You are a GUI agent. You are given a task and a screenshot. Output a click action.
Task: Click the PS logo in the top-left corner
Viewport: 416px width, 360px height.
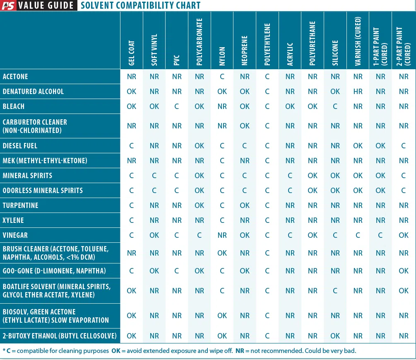point(9,5)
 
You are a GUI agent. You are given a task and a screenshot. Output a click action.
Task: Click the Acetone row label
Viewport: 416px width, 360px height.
point(15,77)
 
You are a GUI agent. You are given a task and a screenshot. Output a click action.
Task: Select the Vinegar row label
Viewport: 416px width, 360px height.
point(15,235)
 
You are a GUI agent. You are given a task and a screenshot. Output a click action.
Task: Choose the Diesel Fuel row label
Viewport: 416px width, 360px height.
point(20,146)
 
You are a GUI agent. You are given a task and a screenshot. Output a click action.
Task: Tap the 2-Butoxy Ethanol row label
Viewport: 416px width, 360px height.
point(60,336)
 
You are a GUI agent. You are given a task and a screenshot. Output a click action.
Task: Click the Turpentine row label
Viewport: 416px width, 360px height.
point(20,205)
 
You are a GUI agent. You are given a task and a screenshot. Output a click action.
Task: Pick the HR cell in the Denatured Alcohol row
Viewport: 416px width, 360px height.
point(358,92)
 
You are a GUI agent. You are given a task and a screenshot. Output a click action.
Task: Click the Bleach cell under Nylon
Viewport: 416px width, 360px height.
point(222,106)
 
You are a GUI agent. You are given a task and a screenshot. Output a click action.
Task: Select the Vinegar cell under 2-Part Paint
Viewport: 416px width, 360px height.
point(404,235)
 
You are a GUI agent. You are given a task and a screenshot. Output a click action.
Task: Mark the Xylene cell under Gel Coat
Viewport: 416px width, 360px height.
point(132,220)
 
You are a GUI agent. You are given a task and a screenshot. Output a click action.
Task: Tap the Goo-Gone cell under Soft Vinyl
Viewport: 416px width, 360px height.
point(154,271)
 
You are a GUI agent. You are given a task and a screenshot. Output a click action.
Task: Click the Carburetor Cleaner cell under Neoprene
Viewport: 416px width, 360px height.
point(245,126)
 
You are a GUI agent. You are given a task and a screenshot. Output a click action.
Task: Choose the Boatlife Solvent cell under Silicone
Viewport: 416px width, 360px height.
point(335,291)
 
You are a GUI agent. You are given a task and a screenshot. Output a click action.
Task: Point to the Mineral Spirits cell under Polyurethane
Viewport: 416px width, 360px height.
point(313,176)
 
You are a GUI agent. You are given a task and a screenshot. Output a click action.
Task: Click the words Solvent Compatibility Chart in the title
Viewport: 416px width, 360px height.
point(140,5)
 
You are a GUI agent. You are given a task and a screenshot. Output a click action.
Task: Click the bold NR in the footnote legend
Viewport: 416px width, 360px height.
point(240,351)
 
